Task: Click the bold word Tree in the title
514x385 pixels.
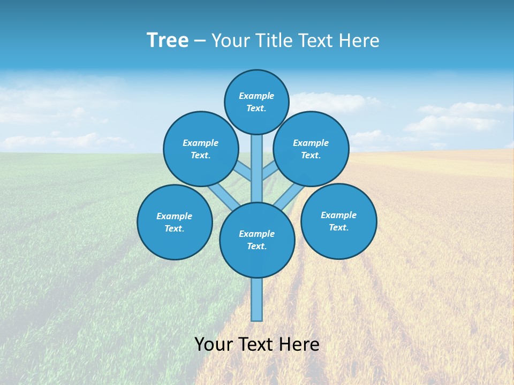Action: [x=168, y=41]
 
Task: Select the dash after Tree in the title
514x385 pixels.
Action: [x=200, y=41]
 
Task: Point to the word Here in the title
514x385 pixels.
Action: [x=360, y=41]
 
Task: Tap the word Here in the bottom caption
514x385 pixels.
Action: [x=299, y=344]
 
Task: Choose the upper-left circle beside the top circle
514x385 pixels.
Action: [x=200, y=149]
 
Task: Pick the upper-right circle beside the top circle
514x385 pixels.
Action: [x=311, y=149]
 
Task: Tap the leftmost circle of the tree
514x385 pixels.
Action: [x=175, y=222]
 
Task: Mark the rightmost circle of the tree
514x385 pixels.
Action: [x=338, y=221]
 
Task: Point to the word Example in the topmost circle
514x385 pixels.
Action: [x=256, y=96]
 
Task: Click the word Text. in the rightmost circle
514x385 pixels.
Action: [x=338, y=227]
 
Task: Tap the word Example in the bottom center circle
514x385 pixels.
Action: [x=256, y=234]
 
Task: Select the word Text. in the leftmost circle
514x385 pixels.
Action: [x=174, y=228]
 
